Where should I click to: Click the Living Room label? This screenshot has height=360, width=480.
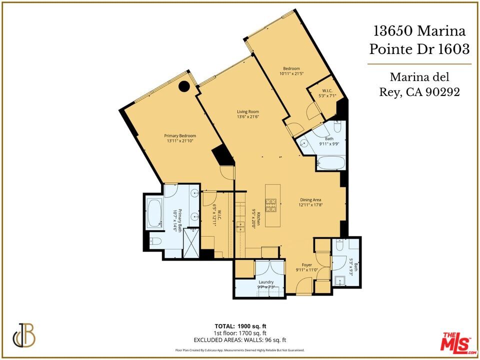247,111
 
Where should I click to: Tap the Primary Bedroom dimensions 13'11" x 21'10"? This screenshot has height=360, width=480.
180,141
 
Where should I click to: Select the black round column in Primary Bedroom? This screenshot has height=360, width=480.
184,86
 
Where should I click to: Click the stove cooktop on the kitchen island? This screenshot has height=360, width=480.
271,204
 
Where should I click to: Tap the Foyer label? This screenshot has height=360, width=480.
306,265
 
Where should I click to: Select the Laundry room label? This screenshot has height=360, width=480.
266,282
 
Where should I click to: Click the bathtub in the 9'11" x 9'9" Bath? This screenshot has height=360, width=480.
331,163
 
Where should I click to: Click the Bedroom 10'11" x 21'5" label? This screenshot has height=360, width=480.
291,68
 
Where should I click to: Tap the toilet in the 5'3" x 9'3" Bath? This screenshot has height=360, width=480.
339,246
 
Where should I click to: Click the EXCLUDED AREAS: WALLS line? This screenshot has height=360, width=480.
240,339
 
